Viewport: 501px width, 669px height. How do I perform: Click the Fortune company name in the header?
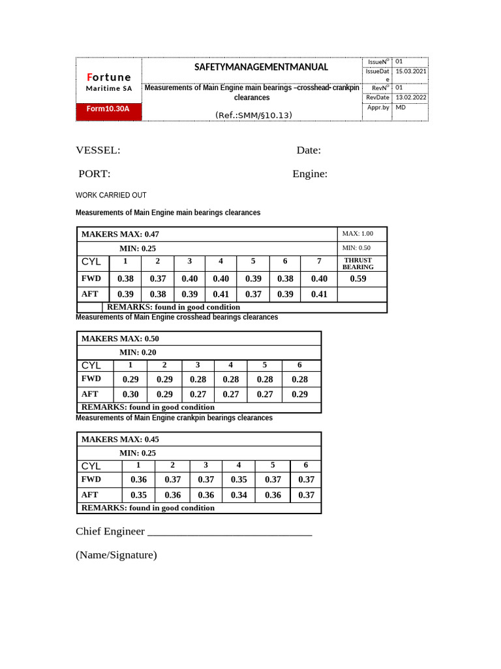[109, 77]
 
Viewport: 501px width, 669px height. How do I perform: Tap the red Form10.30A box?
[108, 109]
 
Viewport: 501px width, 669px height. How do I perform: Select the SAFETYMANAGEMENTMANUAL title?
[252, 67]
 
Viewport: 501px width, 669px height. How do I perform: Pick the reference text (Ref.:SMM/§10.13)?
[253, 116]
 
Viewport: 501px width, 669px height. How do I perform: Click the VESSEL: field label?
[98, 150]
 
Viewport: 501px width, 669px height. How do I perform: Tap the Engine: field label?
[310, 174]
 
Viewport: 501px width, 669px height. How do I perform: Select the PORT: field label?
[95, 174]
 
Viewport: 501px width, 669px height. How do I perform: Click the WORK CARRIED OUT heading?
[111, 195]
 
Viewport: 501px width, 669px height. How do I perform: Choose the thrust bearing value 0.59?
[358, 278]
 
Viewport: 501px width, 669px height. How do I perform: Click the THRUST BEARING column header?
[358, 263]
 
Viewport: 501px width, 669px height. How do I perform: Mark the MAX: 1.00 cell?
[357, 234]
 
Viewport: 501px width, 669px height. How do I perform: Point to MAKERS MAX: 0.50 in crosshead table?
[120, 338]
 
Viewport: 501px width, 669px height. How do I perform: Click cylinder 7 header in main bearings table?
[319, 261]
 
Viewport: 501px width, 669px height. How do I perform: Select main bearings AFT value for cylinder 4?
[221, 294]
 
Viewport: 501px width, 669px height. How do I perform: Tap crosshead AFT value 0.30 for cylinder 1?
[130, 394]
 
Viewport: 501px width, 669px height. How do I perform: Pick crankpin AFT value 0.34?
[239, 495]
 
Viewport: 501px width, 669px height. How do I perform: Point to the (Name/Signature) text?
[116, 555]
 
